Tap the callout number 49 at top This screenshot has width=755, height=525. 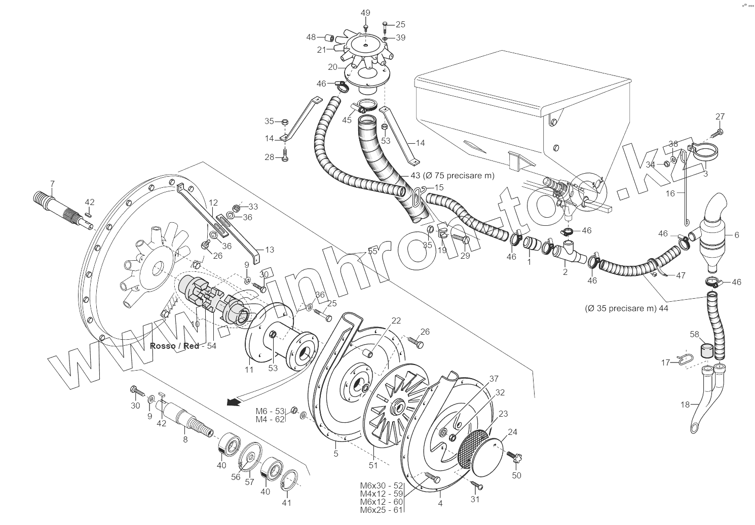365,13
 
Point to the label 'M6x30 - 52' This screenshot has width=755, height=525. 381,486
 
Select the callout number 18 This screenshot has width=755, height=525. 685,405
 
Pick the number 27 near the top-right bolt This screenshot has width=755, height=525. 720,116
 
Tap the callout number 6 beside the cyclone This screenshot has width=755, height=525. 736,235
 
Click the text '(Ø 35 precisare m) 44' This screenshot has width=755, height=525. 626,308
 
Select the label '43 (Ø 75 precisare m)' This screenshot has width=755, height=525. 451,175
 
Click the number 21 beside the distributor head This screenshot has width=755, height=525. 321,50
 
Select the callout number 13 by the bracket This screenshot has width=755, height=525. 269,250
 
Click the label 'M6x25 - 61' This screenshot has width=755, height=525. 381,510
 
